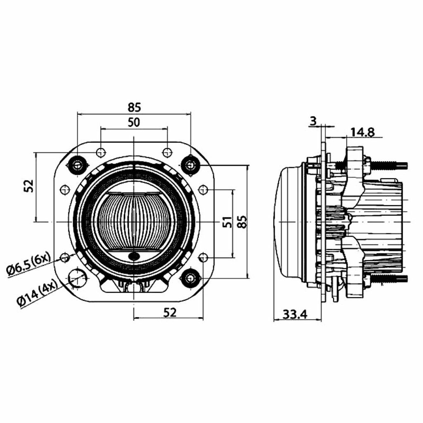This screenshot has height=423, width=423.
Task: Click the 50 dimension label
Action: [134, 123]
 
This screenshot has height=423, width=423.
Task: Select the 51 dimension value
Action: [228, 222]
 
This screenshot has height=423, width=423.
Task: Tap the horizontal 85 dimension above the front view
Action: [134, 107]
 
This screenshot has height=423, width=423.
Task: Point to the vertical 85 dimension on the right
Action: [242, 222]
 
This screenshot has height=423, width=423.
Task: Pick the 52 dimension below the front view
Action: [170, 313]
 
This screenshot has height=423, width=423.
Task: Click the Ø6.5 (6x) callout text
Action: [29, 265]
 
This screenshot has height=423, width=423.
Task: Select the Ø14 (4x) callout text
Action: [37, 292]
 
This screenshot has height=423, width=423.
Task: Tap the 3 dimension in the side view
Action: [313, 121]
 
